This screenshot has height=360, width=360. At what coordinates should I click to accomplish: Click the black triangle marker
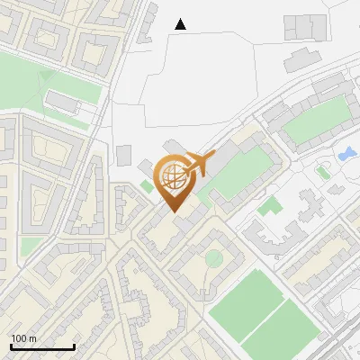(x=181, y=24)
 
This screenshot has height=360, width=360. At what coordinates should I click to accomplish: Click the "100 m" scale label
(x=23, y=338)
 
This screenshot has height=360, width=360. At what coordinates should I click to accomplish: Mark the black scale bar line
(x=42, y=347)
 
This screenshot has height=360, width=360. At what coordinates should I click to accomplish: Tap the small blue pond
(x=346, y=154)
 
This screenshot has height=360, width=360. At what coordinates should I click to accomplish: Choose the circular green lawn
(x=213, y=259)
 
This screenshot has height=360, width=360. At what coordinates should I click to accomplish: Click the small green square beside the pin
(x=147, y=186)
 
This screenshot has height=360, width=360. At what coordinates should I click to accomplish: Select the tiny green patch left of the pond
(x=322, y=172)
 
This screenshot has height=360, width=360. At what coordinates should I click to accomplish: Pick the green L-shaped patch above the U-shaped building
(x=269, y=206)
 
